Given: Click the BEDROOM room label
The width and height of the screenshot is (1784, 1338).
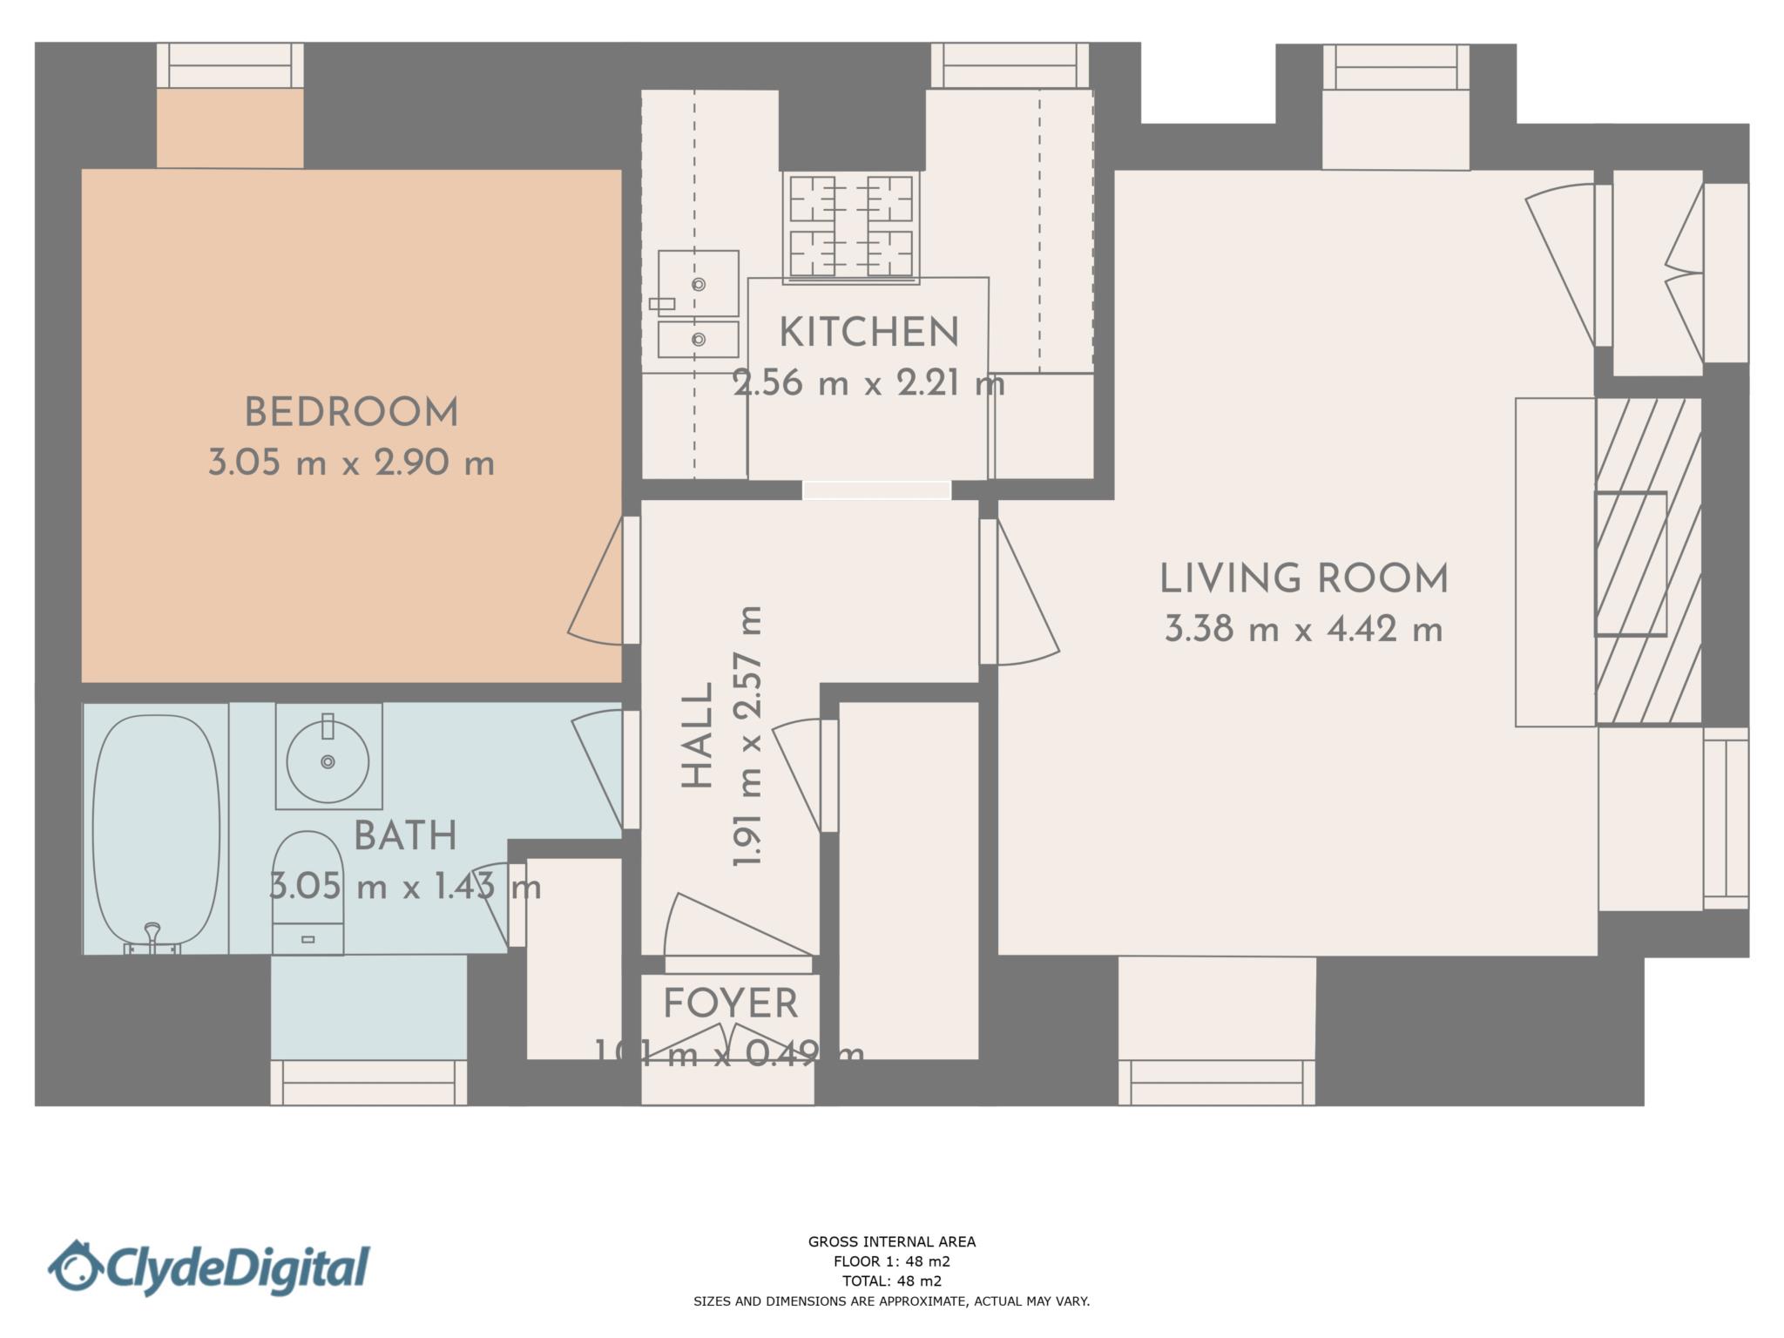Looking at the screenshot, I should point(351,413).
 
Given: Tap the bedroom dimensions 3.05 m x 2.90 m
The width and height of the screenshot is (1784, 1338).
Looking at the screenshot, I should point(351,463).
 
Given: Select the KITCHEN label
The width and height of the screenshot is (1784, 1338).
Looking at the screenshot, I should point(868,333).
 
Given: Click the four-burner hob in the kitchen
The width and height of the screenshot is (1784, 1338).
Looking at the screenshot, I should point(851,226).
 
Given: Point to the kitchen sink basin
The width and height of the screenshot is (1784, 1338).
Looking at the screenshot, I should point(699,284).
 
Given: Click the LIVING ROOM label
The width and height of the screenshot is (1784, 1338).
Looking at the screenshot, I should point(1303,579).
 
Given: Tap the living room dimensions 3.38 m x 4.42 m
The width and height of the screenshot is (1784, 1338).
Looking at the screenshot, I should point(1303,629).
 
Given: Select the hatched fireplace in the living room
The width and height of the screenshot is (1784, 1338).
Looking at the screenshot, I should point(1648,563).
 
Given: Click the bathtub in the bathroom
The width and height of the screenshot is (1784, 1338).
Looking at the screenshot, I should point(156,828).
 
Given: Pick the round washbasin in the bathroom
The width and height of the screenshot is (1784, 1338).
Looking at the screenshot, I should point(328,760).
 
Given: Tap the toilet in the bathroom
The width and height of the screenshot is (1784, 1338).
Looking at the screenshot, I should point(307,893).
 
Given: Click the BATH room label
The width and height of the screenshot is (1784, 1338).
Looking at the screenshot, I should point(405,836).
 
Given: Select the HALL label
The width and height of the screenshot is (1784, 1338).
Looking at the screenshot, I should point(698,736).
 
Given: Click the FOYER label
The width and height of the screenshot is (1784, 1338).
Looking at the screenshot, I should point(730,1003).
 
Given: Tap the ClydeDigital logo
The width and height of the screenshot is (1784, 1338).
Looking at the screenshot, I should point(209,1267).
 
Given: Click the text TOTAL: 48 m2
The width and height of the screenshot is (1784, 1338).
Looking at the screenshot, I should point(891,1281).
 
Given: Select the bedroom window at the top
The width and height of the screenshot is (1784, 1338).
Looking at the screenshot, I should point(230,66).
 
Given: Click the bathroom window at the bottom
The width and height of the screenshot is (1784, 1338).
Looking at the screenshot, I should point(368,1083).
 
